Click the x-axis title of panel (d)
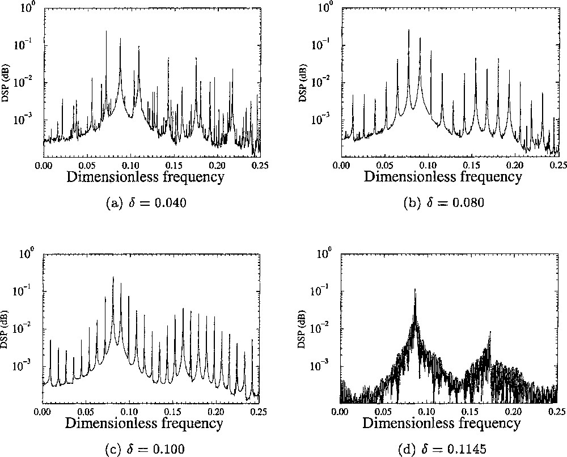(x=442, y=422)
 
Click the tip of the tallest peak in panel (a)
(x=106, y=31)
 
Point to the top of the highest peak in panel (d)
(x=415, y=289)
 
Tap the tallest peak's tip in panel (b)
(x=409, y=30)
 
